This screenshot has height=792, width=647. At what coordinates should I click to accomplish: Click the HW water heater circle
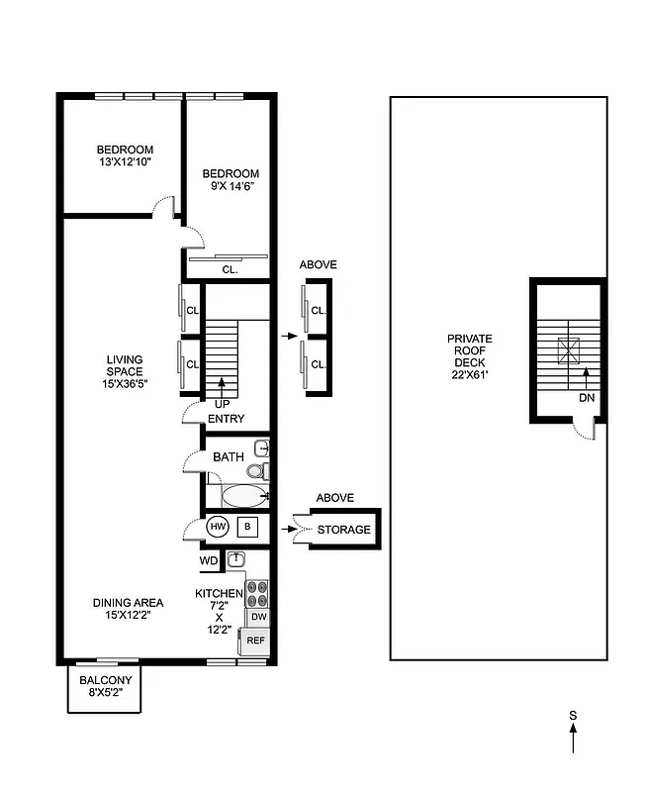pyautogui.click(x=218, y=528)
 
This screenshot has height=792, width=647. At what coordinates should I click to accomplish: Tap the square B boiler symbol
pyautogui.click(x=247, y=528)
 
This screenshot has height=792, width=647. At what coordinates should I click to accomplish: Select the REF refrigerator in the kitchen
pyautogui.click(x=255, y=641)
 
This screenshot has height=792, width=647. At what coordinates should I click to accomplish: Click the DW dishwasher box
pyautogui.click(x=257, y=617)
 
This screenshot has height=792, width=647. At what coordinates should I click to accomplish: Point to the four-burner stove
pyautogui.click(x=257, y=593)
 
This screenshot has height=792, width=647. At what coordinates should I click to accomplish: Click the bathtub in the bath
pyautogui.click(x=242, y=496)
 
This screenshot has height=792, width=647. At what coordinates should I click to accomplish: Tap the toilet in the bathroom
pyautogui.click(x=255, y=470)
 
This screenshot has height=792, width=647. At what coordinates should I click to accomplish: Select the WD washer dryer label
pyautogui.click(x=209, y=560)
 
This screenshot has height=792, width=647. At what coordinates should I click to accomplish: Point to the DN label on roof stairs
pyautogui.click(x=587, y=397)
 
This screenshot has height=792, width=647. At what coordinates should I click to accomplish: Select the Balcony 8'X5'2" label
pyautogui.click(x=105, y=686)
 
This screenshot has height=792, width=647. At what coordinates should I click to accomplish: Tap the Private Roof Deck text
pyautogui.click(x=469, y=356)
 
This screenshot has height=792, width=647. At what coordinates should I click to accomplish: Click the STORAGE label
pyautogui.click(x=343, y=530)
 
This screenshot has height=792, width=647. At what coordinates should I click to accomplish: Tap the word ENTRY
pyautogui.click(x=226, y=419)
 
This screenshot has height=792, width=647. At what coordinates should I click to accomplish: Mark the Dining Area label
pyautogui.click(x=128, y=608)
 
